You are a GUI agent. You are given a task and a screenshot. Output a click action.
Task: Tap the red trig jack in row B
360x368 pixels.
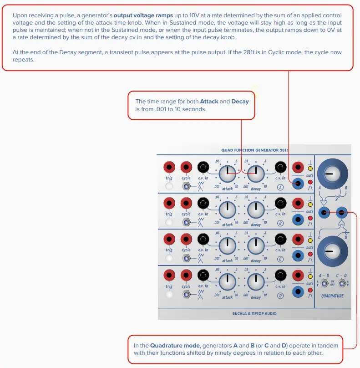pos(169,203)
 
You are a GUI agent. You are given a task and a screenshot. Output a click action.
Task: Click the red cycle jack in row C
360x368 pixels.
pos(186,239)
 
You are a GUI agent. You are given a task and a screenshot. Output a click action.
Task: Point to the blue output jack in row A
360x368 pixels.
pos(298,184)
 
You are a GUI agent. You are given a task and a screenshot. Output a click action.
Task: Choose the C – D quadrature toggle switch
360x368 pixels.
pos(342,284)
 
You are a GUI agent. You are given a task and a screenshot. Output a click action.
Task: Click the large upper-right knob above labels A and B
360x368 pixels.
pos(332,173)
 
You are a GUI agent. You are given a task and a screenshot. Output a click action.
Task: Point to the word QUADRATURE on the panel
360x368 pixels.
pos(332,296)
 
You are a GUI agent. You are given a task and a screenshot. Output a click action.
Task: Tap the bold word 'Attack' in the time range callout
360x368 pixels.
pos(209,102)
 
